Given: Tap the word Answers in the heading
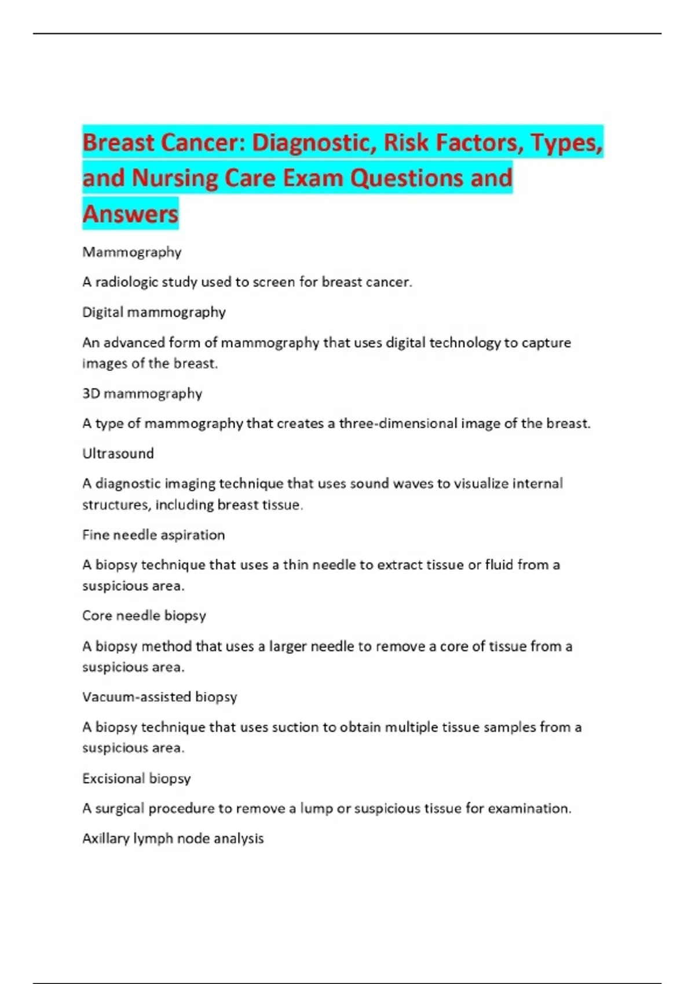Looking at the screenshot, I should click(x=130, y=214).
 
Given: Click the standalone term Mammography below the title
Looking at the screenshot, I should click(x=132, y=252).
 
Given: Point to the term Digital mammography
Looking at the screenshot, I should click(x=154, y=312).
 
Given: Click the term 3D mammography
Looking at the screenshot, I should click(x=142, y=394).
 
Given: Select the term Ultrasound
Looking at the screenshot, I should click(x=118, y=453).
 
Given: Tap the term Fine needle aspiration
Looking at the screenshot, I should click(x=153, y=535).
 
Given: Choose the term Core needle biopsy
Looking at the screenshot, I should click(x=144, y=615).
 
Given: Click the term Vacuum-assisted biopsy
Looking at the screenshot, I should click(x=160, y=697).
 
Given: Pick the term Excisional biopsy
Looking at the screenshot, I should click(x=137, y=779).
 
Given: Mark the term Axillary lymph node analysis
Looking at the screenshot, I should click(x=173, y=839).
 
